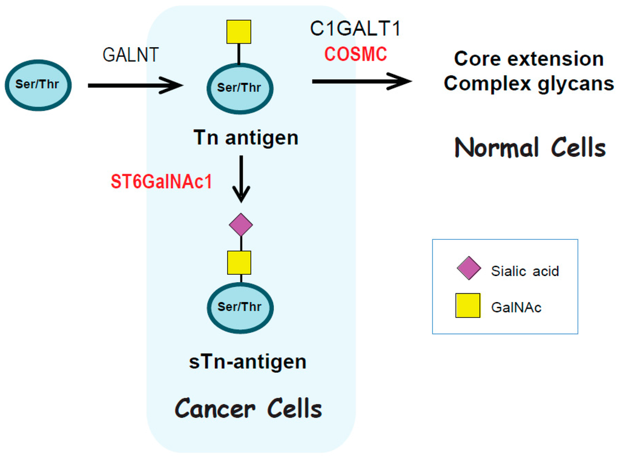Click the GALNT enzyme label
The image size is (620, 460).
pos(130,55)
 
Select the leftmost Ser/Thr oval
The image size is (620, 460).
pos(38,85)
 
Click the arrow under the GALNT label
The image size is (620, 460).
pos(135,85)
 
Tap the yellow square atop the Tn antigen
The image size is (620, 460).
pos(239,32)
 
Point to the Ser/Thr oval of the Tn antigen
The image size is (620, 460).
pos(240,88)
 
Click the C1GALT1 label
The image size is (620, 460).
pos(355,28)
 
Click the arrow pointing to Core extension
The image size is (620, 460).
pos(361,80)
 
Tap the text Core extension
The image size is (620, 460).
pos(529,59)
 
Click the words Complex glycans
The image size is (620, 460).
pos(529,83)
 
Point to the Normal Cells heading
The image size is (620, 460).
pos(530,148)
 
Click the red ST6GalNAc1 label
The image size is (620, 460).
pos(162,182)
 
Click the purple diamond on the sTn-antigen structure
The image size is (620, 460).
pos(241,225)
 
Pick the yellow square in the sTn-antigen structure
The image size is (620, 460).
pos(239,263)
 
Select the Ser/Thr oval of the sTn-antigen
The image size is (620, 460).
pos(240,307)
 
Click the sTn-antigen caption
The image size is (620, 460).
pos(248,362)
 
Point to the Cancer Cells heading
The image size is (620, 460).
pos(248,409)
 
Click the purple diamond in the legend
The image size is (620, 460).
pos(469,268)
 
